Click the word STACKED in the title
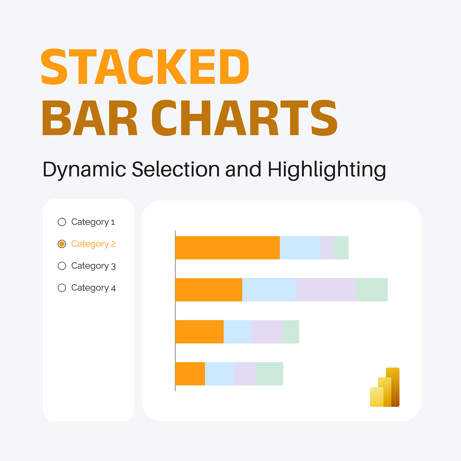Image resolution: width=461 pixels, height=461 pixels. point(145,67)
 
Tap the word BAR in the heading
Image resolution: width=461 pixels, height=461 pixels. point(90,118)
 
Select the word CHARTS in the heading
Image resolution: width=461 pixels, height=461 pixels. point(244,118)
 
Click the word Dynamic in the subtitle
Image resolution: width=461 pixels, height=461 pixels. point(84,170)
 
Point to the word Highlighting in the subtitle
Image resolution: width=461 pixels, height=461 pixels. point(327,170)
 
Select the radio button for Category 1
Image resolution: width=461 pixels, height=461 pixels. point(62,222)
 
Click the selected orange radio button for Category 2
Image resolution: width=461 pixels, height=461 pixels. point(62,244)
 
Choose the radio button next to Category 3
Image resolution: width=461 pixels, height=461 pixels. point(62,266)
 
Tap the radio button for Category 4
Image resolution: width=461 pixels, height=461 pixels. point(62,288)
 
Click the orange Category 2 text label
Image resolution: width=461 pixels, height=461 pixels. point(93,244)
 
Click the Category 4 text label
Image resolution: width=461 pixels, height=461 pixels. point(93,288)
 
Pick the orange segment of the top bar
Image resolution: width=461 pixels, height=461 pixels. point(227,248)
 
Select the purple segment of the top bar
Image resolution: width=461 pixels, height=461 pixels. point(327,248)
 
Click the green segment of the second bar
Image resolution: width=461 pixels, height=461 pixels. point(372,290)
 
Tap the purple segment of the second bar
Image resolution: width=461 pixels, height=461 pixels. point(327,290)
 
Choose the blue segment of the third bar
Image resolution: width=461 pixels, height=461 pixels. point(237,332)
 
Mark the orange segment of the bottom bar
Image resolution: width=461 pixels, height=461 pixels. point(190,373)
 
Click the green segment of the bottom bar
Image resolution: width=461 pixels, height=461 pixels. point(269,373)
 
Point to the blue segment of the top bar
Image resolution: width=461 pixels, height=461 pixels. point(300,248)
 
